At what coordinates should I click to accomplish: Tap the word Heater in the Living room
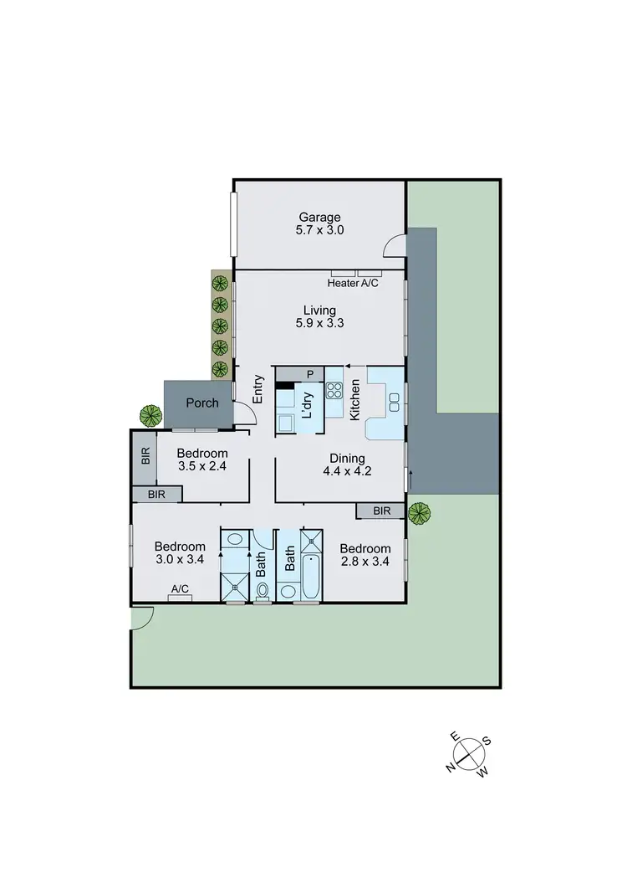[x=343, y=284]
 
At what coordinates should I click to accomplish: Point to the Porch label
[x=202, y=403]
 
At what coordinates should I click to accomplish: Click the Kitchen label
[x=354, y=399]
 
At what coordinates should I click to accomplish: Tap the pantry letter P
[x=309, y=373]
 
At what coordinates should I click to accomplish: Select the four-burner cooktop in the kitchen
[x=334, y=390]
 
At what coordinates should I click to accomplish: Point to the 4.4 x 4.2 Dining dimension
[x=347, y=471]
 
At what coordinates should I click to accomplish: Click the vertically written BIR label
[x=145, y=457]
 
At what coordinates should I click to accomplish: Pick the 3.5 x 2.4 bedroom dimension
[x=202, y=468]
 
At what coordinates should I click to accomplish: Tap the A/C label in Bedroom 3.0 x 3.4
[x=180, y=589]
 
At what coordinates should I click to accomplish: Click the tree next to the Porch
[x=150, y=413]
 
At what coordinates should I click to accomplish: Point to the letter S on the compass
[x=487, y=741]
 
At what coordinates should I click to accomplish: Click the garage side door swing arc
[x=393, y=246]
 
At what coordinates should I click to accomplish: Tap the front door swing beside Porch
[x=242, y=414]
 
